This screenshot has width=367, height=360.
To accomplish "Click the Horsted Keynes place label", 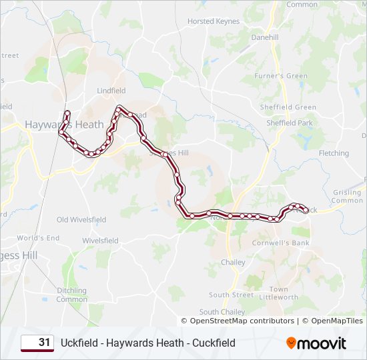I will click(214, 21).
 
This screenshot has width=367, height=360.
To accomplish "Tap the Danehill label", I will click(265, 38).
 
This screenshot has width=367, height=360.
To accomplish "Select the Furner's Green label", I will click(281, 76).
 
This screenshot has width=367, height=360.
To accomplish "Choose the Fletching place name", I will click(334, 153).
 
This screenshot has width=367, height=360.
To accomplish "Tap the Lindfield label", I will click(111, 91).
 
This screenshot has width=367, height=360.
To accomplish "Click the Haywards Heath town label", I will click(64, 125).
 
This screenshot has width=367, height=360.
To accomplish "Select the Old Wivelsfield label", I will click(81, 219).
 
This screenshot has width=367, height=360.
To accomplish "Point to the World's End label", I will click(38, 238).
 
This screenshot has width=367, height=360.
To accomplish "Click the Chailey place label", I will click(233, 263).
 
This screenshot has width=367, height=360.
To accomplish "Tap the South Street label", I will click(231, 295).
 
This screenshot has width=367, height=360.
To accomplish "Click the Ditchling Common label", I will click(71, 295).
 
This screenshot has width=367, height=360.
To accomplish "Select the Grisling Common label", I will click(347, 196).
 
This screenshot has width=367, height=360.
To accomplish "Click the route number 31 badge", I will click(37, 343).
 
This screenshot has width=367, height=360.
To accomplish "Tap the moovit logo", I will click(316, 343).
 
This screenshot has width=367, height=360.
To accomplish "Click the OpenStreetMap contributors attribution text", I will click(242, 321).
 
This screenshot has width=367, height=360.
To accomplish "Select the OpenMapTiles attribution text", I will click(332, 321).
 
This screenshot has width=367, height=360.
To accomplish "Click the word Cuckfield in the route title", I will click(213, 343).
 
